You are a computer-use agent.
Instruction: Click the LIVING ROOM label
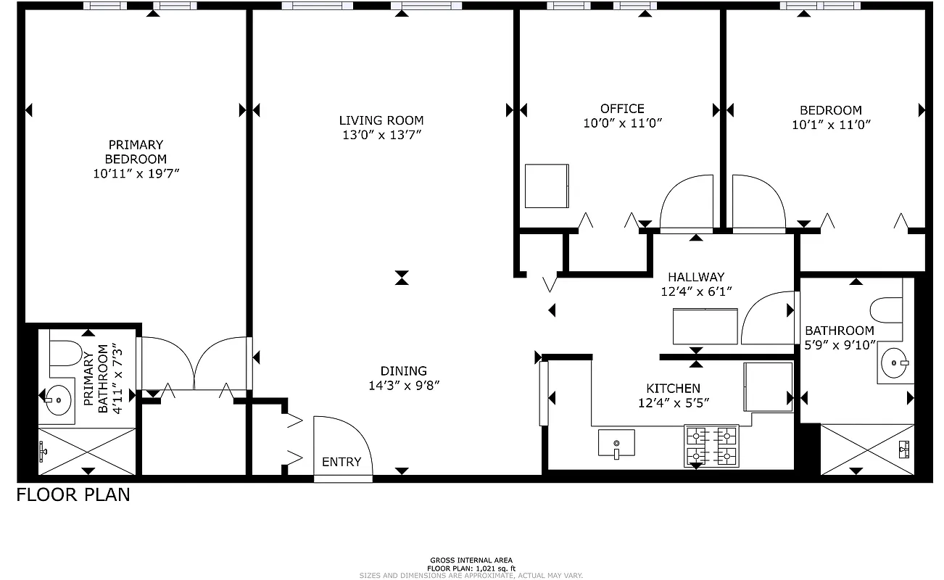381,120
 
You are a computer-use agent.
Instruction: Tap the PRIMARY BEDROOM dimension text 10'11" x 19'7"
136,173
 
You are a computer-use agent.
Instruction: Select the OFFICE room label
621,109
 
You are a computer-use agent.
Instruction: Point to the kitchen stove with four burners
711,446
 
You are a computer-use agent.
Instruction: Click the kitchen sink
616,444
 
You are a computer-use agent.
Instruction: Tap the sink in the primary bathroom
57,399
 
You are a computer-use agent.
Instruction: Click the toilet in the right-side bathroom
886,310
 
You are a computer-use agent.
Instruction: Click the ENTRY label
341,462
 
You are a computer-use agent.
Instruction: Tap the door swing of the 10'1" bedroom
758,202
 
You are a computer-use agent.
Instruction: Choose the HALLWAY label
696,276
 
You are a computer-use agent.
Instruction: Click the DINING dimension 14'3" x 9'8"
404,385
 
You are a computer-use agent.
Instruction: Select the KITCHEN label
674,388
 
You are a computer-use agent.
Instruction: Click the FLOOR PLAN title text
73,495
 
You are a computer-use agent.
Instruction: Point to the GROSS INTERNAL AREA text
471,560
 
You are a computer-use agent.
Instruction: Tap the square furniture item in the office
546,186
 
